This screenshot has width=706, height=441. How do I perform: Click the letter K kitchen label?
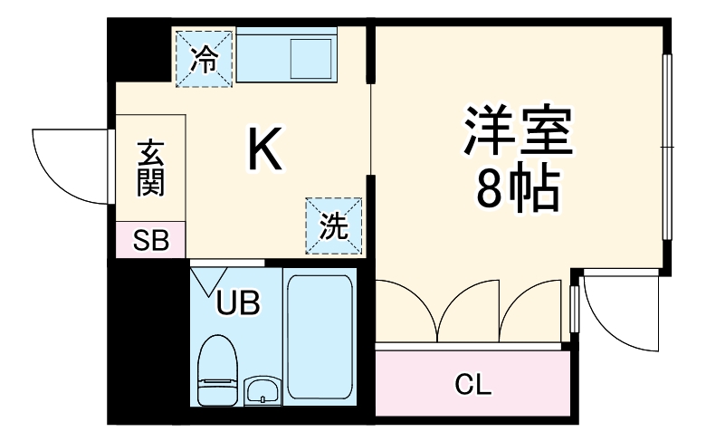pyautogui.click(x=265, y=150)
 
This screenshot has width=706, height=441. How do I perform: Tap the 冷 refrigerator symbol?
pyautogui.click(x=205, y=60)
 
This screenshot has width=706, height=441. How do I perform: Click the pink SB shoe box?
pyautogui.click(x=150, y=240)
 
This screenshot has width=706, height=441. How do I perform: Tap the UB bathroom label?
pyautogui.click(x=237, y=303)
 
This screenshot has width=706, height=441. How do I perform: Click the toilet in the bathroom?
pyautogui.click(x=216, y=369)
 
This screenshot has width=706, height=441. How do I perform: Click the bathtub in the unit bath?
pyautogui.click(x=319, y=337)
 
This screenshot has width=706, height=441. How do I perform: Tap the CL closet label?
pyautogui.click(x=472, y=386)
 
